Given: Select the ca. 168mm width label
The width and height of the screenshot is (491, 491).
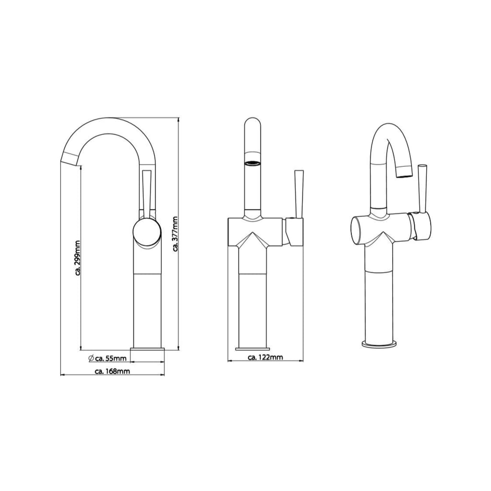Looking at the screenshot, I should click(112, 371).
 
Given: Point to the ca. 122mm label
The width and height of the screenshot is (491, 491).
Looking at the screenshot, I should click(265, 357).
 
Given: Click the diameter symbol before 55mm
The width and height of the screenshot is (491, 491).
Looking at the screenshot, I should click(91, 358).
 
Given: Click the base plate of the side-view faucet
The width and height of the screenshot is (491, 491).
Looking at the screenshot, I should click(148, 348).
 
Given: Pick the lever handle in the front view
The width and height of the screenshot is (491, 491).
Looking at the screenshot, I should click(298, 192).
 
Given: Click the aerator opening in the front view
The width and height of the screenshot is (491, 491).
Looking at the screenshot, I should click(253, 164).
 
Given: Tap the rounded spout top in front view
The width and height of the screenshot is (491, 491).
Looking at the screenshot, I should click(253, 124).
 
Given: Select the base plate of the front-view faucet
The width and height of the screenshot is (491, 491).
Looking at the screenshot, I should click(253, 348).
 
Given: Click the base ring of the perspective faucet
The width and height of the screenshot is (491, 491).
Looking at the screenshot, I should click(379, 343).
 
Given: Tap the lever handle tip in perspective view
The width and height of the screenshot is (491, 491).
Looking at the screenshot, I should click(422, 166).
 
